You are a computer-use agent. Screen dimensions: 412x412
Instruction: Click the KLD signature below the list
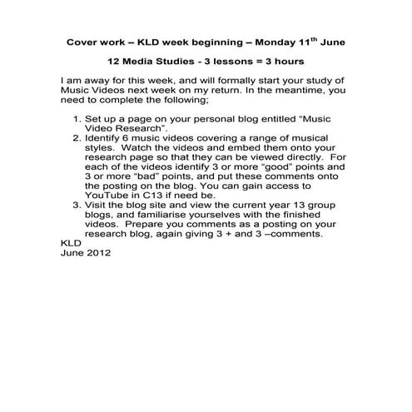click(73, 243)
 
